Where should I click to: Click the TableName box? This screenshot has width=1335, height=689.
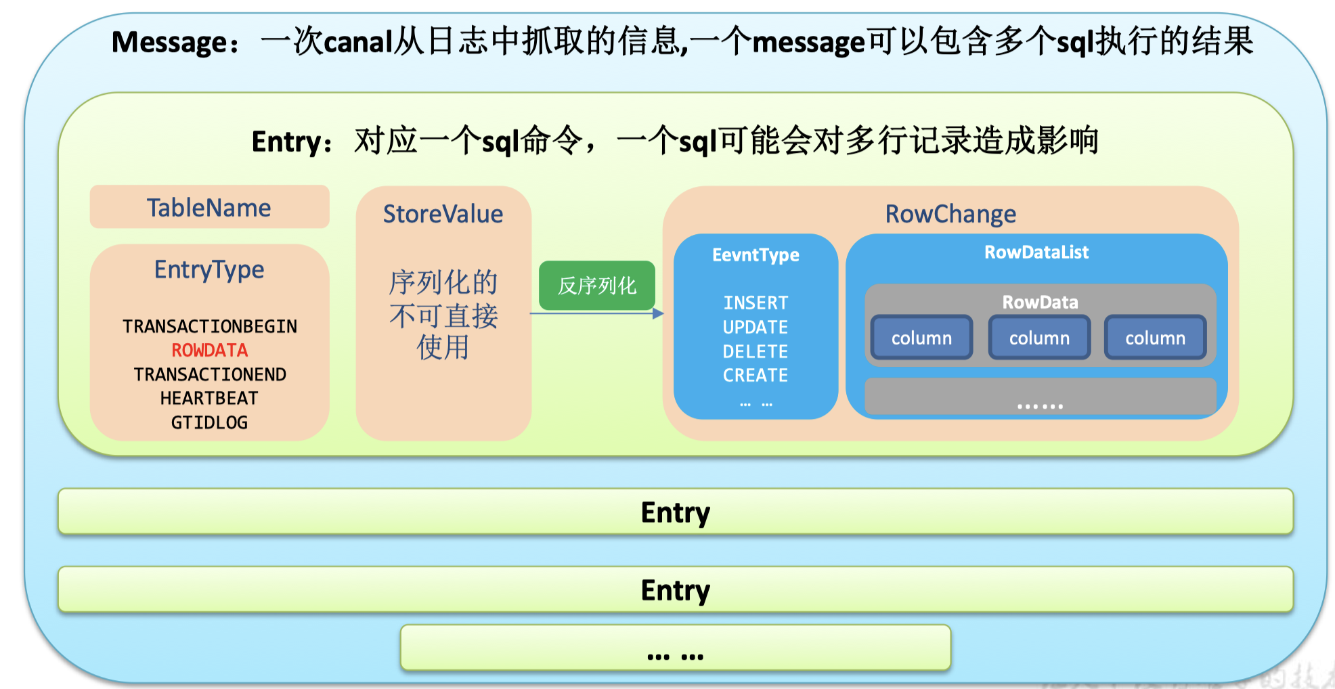click(x=209, y=207)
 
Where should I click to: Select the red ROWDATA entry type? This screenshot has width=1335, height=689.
click(x=209, y=351)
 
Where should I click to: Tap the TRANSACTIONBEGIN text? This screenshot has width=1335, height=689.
click(x=209, y=326)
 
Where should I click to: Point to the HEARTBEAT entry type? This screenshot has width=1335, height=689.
click(x=209, y=399)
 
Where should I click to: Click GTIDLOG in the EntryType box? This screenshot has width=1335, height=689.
click(x=209, y=423)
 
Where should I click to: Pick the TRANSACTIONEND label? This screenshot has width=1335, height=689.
click(x=209, y=374)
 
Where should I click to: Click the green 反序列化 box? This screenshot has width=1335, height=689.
click(x=596, y=286)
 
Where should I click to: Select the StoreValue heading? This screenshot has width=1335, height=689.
click(x=443, y=214)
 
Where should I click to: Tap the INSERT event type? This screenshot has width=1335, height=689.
click(x=756, y=303)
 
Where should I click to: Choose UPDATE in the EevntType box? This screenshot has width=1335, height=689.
click(x=756, y=327)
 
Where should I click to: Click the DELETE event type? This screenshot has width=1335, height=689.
click(x=756, y=351)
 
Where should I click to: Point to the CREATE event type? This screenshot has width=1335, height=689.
click(x=756, y=375)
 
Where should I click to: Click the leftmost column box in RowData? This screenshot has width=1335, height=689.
click(x=921, y=338)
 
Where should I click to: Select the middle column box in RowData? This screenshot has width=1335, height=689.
click(x=1039, y=338)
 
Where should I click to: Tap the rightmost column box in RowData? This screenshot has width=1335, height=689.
click(x=1155, y=338)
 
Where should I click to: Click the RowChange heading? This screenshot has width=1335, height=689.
click(x=950, y=214)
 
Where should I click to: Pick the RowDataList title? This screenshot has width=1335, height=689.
click(x=1036, y=252)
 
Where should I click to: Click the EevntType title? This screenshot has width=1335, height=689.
click(x=756, y=255)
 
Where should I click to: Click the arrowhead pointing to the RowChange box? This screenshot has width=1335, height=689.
click(x=658, y=313)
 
